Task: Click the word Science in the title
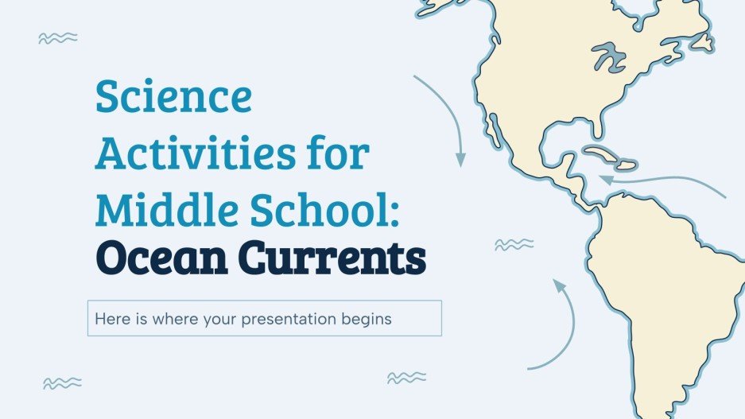(x=173, y=97)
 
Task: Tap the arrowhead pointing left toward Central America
(x=606, y=180)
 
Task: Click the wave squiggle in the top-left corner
(x=58, y=37)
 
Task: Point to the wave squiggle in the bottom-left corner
(x=63, y=383)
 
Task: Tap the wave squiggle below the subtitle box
(x=405, y=378)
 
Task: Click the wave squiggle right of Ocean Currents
(x=514, y=244)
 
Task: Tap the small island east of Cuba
(x=627, y=165)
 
